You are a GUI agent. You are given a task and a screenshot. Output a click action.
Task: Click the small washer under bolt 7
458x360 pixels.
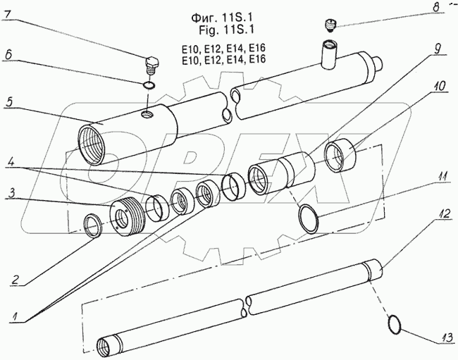click(x=148, y=85)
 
